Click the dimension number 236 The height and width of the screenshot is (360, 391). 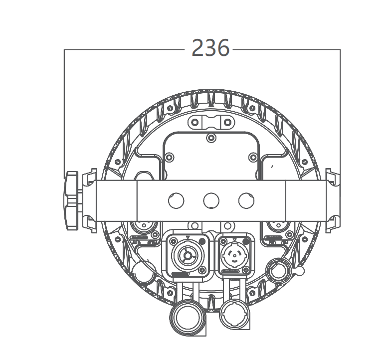[x=210, y=49]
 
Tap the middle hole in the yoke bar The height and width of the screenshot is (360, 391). [x=211, y=201]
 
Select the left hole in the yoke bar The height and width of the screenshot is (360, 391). [x=176, y=201]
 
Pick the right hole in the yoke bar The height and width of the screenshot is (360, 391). [x=246, y=201]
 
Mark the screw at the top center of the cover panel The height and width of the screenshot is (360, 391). [x=211, y=138]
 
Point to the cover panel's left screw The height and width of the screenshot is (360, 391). [x=170, y=158]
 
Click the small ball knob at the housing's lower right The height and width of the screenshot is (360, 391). [x=300, y=270]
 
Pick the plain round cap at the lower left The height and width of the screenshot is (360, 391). [x=144, y=272]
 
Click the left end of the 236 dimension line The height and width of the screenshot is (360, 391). [x=65, y=49]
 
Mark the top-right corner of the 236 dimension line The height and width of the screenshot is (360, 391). [x=340, y=49]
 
